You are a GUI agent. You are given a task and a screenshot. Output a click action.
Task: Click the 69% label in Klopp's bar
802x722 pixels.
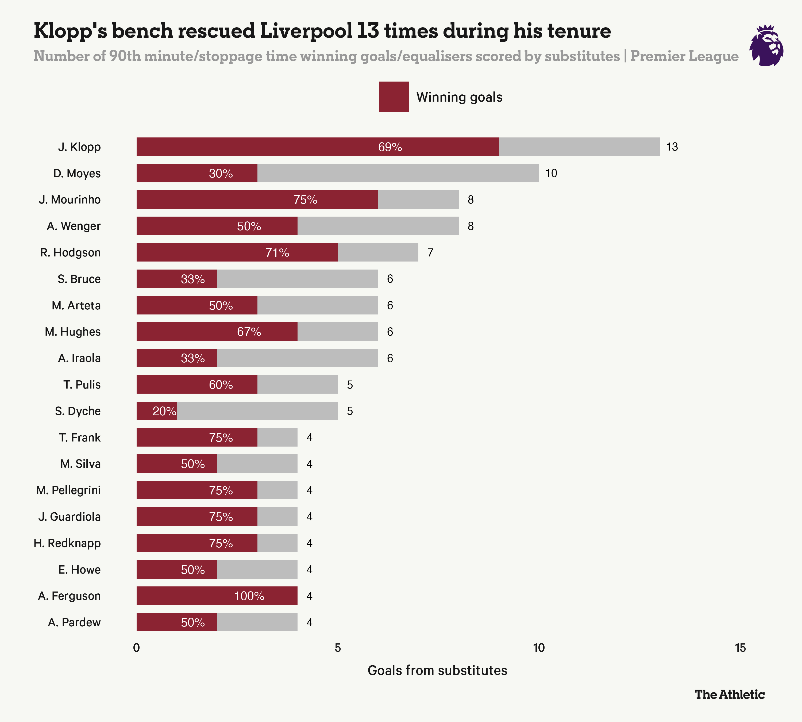[390, 147]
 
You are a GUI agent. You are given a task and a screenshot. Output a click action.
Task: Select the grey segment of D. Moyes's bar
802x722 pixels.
[398, 173]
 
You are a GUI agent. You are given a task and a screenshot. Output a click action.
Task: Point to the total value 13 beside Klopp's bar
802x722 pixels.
[672, 147]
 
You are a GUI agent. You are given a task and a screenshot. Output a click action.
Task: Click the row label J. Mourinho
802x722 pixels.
[70, 199]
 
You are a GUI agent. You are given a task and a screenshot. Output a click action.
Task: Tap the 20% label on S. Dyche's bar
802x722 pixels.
[164, 411]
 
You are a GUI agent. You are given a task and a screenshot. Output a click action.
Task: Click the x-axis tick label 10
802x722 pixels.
[539, 648]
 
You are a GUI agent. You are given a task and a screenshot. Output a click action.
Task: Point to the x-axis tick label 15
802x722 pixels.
[740, 648]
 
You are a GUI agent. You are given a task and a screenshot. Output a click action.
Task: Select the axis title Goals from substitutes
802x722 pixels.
[437, 670]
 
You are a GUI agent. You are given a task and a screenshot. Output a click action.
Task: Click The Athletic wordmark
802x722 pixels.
[729, 694]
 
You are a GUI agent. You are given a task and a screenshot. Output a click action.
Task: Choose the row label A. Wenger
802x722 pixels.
[74, 226]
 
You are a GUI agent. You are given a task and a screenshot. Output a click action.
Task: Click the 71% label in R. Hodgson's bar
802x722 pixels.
[277, 252]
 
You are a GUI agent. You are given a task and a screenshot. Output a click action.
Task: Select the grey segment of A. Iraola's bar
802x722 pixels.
[298, 358]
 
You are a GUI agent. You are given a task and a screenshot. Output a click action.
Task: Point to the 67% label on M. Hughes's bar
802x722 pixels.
[249, 332]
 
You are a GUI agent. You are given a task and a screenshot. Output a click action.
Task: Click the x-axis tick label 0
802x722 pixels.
[136, 648]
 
